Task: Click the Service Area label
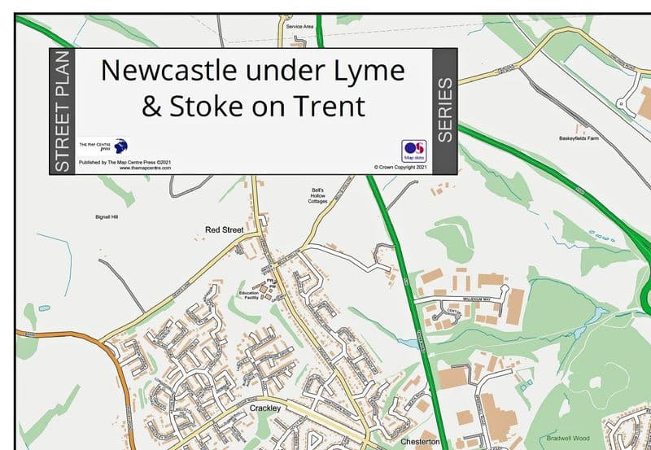[x=300, y=27]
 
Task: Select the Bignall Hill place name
[x=107, y=217]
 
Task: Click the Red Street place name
[x=219, y=231]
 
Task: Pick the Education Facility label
[x=248, y=295]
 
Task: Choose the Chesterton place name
[x=421, y=442]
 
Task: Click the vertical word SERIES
[x=444, y=111]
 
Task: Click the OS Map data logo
[x=413, y=151]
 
